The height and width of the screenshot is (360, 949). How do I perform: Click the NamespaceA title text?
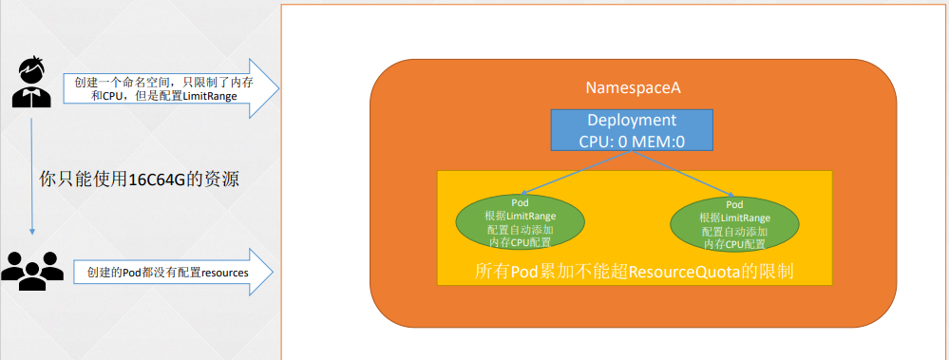coord(633,87)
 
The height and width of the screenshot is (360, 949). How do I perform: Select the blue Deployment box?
coord(632,130)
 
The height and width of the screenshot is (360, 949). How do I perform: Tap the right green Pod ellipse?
coord(734,224)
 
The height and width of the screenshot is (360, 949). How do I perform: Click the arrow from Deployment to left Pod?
coord(575,174)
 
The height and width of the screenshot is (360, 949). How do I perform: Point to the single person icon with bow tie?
coord(31,83)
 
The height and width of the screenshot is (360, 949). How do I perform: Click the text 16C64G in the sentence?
coord(155,180)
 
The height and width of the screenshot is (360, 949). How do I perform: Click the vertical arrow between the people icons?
coord(31,177)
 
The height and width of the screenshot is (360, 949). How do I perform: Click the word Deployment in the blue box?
coord(632,120)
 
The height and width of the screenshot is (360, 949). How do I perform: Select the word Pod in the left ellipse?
coord(520,204)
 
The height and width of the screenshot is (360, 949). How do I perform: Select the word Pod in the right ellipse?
coord(734,204)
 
